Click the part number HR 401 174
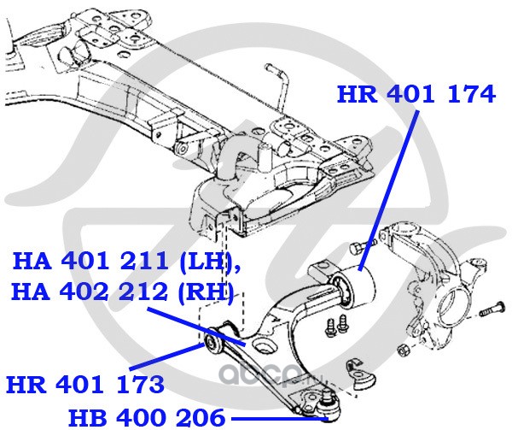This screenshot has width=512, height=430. (x=416, y=95)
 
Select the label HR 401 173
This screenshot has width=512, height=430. (x=85, y=385)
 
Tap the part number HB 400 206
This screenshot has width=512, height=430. (x=147, y=417)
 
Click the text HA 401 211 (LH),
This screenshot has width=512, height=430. (x=126, y=262)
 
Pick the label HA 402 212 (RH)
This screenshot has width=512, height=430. (x=123, y=292)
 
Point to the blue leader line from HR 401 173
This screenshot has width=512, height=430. (x=166, y=356)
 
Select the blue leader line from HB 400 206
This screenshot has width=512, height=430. (x=280, y=418)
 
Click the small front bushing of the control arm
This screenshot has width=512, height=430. (x=212, y=345)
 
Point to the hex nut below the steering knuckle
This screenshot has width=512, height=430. (x=404, y=350)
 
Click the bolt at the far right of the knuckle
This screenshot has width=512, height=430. (x=492, y=309)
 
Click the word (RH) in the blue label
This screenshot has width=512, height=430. (x=206, y=292)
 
